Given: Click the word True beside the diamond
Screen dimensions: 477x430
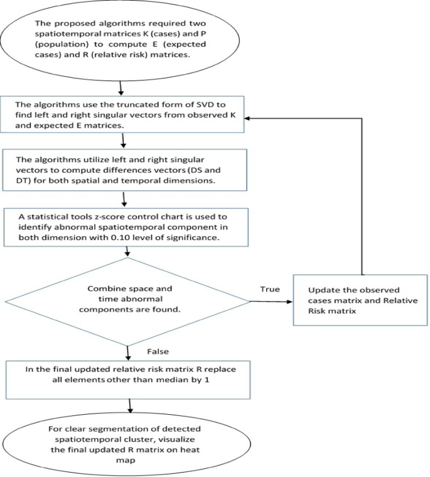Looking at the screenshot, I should click(x=270, y=288).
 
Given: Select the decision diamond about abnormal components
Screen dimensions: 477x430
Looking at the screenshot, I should click(x=128, y=302).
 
